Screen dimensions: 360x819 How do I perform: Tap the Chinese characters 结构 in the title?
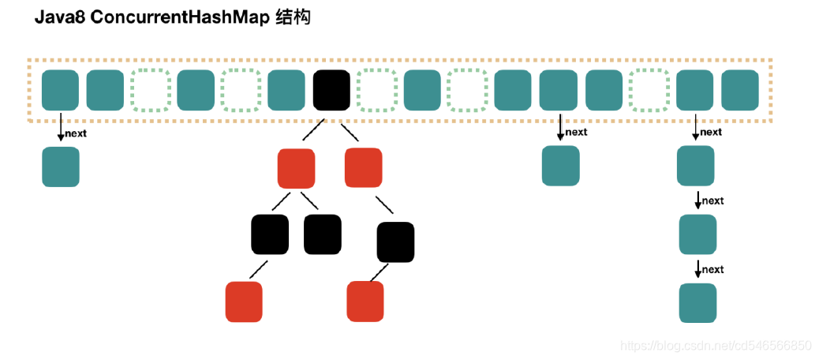click(293, 18)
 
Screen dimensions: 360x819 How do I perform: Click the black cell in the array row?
click(331, 90)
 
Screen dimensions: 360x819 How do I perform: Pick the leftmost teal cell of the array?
click(60, 90)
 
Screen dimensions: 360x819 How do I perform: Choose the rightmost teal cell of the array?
click(740, 90)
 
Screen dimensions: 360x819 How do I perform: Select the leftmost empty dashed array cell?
click(151, 90)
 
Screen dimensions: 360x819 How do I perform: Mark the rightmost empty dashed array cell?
click(649, 90)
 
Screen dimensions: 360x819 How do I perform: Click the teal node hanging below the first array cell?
click(61, 167)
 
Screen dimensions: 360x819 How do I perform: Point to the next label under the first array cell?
click(76, 133)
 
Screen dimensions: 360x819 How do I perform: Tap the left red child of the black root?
click(296, 168)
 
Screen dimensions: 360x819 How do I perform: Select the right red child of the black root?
click(364, 168)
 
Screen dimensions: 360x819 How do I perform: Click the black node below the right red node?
click(395, 242)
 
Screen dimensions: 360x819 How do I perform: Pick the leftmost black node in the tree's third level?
click(270, 234)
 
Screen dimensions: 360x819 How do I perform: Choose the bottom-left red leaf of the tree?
click(244, 302)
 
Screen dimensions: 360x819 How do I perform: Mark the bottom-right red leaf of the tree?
click(365, 302)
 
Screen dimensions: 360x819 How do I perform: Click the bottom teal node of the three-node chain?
click(697, 303)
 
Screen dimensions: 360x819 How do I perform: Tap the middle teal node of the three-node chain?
click(697, 234)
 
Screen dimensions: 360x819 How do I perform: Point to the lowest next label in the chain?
click(712, 270)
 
